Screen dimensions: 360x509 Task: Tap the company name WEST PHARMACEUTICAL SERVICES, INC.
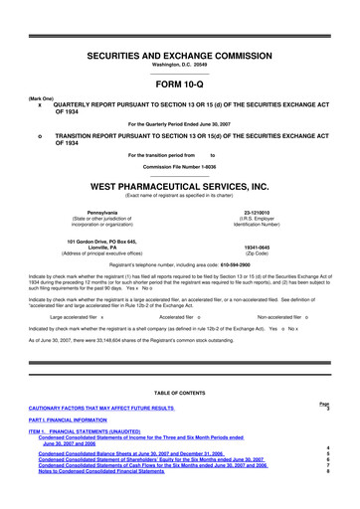click(x=179, y=185)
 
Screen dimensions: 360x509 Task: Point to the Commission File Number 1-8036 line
click(x=179, y=167)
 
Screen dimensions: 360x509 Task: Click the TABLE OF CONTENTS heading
click(x=179, y=394)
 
